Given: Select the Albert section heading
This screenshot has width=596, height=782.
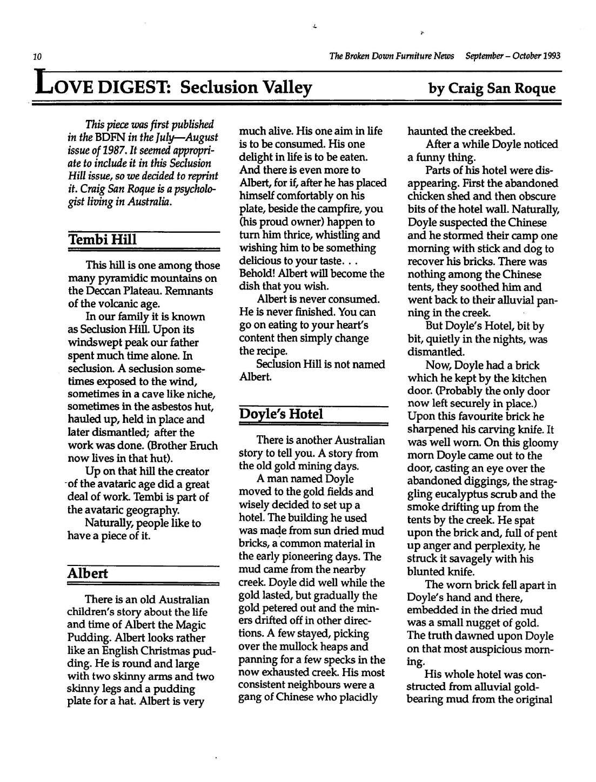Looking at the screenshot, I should tap(87, 573).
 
